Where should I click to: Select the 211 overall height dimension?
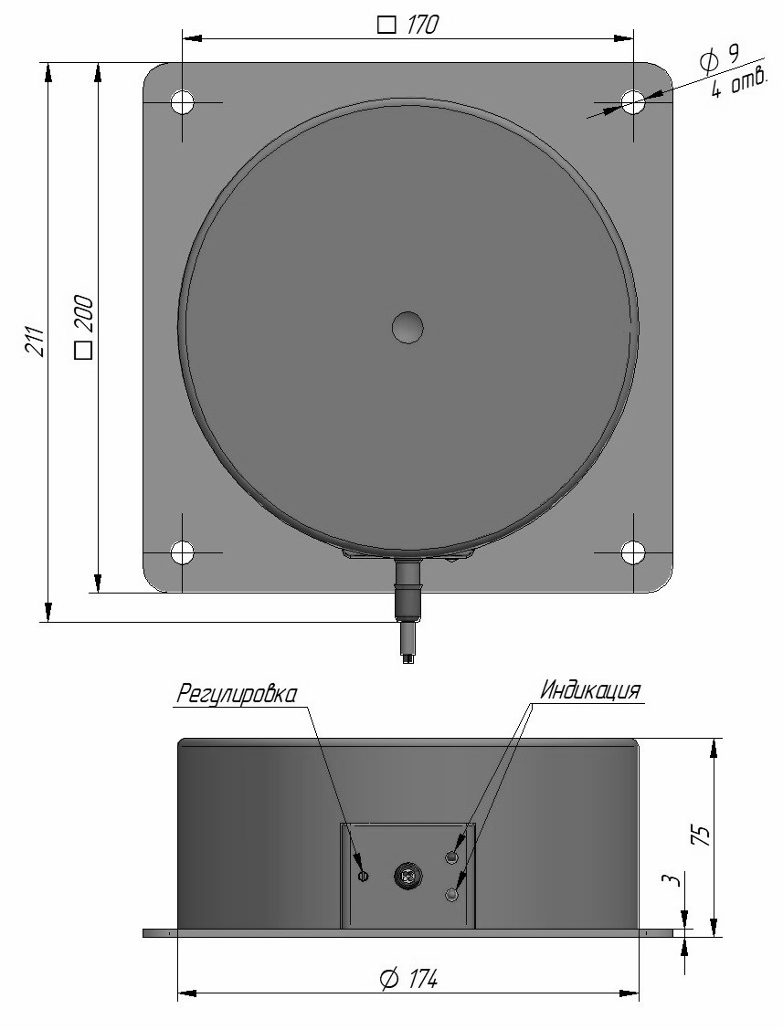[x=37, y=341]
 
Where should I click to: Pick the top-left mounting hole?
[x=183, y=102]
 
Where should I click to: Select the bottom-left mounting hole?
[x=183, y=552]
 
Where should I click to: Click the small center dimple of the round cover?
[x=407, y=327]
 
